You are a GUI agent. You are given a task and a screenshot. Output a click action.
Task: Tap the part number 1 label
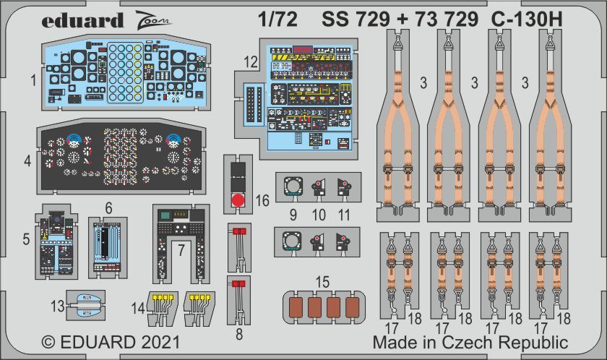click(34, 81)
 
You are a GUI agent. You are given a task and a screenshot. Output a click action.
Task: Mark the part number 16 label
click(262, 200)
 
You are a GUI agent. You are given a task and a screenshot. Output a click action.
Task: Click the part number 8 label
click(240, 334)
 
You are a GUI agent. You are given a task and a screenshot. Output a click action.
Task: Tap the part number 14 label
click(138, 309)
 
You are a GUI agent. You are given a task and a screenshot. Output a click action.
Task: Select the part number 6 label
click(108, 207)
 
